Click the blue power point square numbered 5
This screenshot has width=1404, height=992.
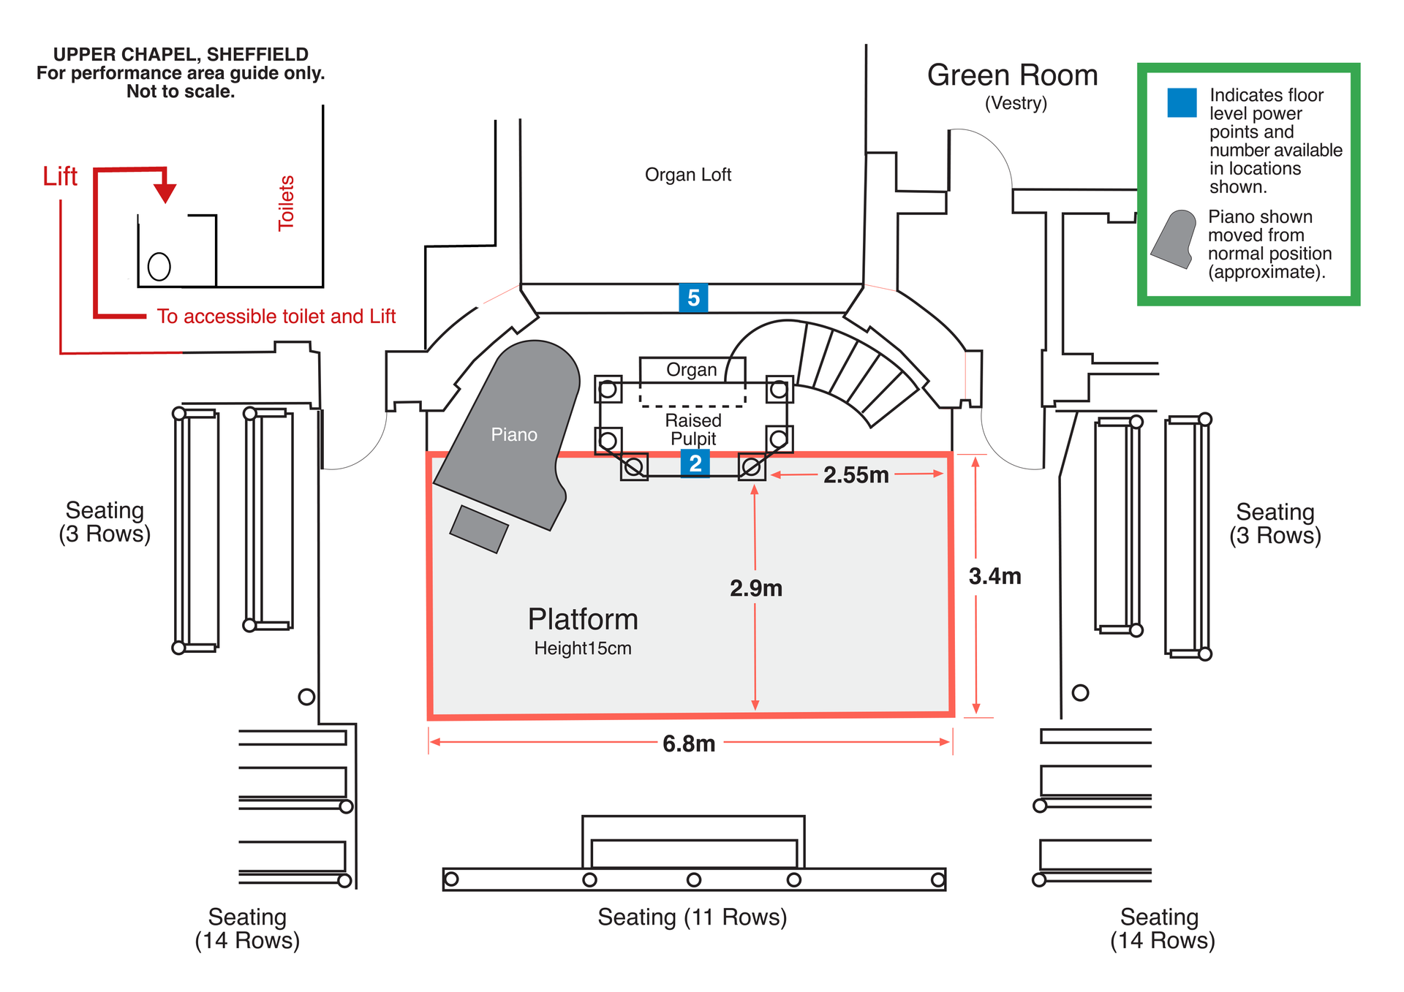click(693, 298)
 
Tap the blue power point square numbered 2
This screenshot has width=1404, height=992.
click(695, 463)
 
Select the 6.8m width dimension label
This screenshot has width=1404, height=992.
click(689, 744)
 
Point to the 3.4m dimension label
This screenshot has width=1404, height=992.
click(994, 576)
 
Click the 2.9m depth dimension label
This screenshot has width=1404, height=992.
click(756, 588)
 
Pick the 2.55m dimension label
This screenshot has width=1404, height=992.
click(856, 475)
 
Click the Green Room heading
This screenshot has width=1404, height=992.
click(1013, 75)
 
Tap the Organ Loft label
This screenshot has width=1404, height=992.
click(688, 175)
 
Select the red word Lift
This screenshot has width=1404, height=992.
click(60, 176)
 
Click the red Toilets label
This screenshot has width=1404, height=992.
click(286, 203)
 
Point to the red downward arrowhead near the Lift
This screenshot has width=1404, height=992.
click(165, 193)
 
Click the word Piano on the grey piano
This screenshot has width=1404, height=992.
click(514, 435)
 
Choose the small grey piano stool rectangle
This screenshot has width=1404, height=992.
click(479, 529)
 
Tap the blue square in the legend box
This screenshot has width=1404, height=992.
click(1182, 102)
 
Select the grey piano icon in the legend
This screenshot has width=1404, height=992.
click(1174, 239)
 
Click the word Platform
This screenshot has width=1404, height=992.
click(583, 619)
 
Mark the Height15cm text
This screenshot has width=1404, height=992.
click(583, 648)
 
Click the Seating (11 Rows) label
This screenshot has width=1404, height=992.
click(692, 917)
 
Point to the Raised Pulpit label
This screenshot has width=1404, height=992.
click(693, 430)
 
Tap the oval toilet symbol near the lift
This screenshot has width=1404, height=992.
click(159, 267)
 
